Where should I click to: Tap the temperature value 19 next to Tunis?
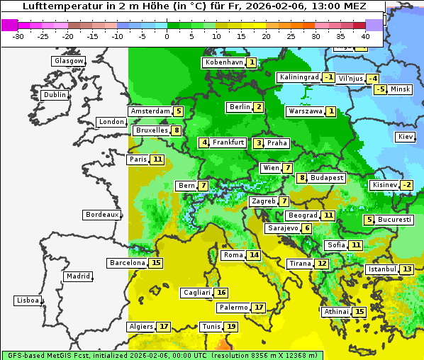pyautogui.click(x=231, y=327)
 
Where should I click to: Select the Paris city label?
pyautogui.click(x=138, y=159)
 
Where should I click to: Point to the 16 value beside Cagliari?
pyautogui.click(x=221, y=293)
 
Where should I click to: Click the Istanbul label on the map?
pyautogui.click(x=381, y=269)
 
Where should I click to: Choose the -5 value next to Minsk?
pyautogui.click(x=381, y=89)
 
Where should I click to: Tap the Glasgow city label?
pyautogui.click(x=68, y=61)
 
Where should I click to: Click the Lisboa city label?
pyautogui.click(x=27, y=300)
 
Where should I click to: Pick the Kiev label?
pyautogui.click(x=406, y=136)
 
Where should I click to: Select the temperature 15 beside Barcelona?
pyautogui.click(x=156, y=263)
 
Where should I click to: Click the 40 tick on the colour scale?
pyautogui.click(x=365, y=35)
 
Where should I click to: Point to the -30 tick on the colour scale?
pyautogui.click(x=18, y=35)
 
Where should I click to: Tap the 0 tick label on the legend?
pyautogui.click(x=167, y=35)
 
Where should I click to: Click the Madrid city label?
pyautogui.click(x=77, y=276)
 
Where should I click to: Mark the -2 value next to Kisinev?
pyautogui.click(x=406, y=186)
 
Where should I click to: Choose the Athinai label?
pyautogui.click(x=336, y=312)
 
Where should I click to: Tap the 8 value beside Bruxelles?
pyautogui.click(x=176, y=130)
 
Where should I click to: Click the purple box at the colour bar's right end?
pyautogui.click(x=374, y=25)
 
